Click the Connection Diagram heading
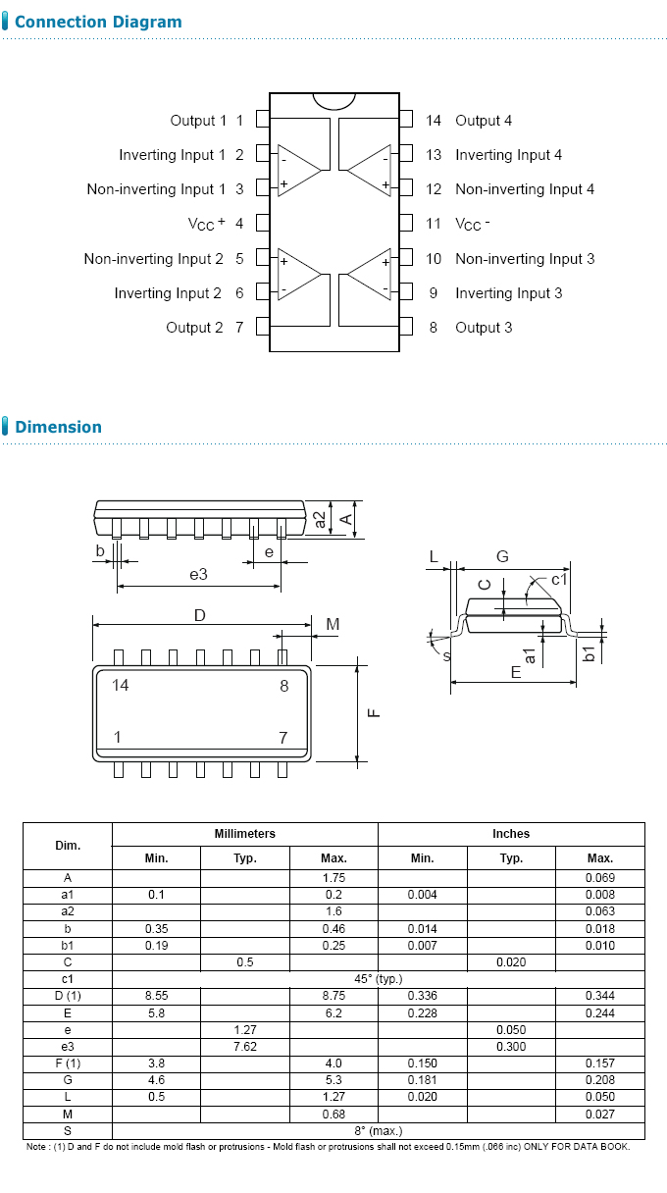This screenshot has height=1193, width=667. coord(98,22)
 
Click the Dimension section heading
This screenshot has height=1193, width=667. coord(58,427)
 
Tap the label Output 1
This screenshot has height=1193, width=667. coord(198,120)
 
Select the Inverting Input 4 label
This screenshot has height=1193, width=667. coord(508,155)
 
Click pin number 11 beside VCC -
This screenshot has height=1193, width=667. coord(434,224)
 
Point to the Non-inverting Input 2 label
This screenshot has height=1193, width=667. coord(153,259)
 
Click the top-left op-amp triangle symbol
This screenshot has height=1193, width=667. coord(298,172)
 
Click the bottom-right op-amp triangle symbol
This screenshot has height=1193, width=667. coord(371,275)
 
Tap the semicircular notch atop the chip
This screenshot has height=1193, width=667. coord(334,100)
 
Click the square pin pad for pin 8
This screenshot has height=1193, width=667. coord(406,328)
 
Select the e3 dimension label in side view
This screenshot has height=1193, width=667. coord(198,574)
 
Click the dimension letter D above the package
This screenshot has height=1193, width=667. coord(199,615)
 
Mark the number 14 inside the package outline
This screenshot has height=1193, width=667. coord(120,685)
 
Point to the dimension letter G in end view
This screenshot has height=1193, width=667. coord(502,556)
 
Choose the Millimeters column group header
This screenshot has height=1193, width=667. coord(245,834)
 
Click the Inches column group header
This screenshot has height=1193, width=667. coord(511,834)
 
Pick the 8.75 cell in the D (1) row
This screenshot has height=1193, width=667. coord(333,996)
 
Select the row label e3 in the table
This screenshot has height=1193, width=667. coord(67,1047)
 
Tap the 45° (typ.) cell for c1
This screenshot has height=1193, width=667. coord(378,979)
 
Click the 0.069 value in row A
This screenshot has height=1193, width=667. coord(599,878)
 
